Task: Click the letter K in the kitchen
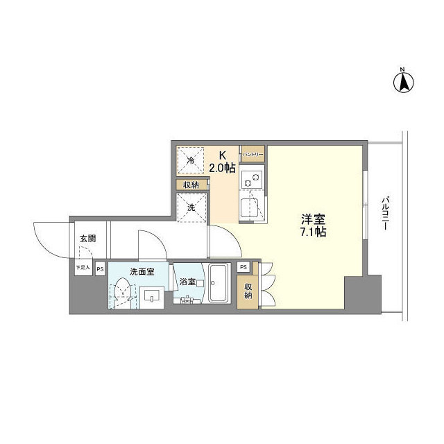pyautogui.click(x=223, y=155)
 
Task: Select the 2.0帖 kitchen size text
pyautogui.click(x=223, y=167)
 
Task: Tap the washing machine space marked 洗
pyautogui.click(x=191, y=207)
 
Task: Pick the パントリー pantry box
pyautogui.click(x=251, y=154)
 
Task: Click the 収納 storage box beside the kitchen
pyautogui.click(x=191, y=185)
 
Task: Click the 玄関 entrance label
pyautogui.click(x=87, y=239)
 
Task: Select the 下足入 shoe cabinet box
pyautogui.click(x=83, y=267)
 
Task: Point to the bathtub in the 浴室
pyautogui.click(x=219, y=284)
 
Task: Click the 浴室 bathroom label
pyautogui.click(x=187, y=282)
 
